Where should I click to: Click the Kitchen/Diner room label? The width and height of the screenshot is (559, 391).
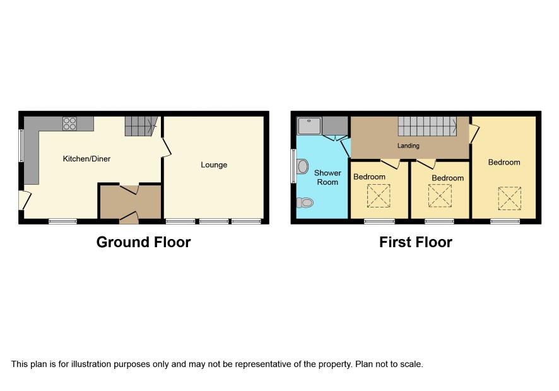tap(86, 159)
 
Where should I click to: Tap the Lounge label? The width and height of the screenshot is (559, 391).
tap(214, 165)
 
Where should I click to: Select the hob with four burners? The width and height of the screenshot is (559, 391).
tap(69, 124)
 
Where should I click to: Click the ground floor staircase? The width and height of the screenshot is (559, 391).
tap(141, 126)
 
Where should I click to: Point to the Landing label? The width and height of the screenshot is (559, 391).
tap(408, 146)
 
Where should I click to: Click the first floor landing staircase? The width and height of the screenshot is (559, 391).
tap(427, 126)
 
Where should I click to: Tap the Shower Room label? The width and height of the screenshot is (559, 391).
tap(327, 177)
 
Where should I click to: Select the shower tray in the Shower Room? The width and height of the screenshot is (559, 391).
tap(309, 126)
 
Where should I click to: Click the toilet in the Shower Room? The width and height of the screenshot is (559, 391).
tap(305, 202)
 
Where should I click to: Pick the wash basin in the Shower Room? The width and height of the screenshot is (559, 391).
tap(303, 166)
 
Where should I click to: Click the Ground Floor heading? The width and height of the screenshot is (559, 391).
tap(144, 242)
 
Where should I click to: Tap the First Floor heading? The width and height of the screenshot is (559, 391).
tap(416, 242)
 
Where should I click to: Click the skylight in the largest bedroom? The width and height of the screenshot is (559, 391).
tap(509, 199)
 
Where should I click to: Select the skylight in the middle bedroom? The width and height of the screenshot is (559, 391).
tap(440, 195)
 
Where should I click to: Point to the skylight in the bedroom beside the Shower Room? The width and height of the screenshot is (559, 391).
tap(379, 195)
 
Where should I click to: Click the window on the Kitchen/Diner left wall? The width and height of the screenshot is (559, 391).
tap(21, 146)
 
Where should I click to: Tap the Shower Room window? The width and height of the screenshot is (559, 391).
tap(293, 166)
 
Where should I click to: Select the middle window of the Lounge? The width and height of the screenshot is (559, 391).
tap(213, 221)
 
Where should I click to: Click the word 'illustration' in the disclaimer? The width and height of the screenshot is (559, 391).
tap(92, 365)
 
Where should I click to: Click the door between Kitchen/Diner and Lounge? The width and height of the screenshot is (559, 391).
tap(166, 147)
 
